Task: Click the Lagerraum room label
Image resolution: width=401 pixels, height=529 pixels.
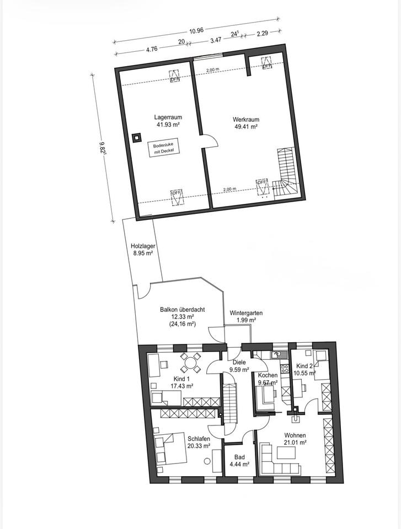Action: coord(168,117)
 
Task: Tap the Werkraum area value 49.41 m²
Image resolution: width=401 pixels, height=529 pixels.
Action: coord(246,127)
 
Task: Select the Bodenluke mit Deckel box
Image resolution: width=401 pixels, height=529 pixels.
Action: coord(163,148)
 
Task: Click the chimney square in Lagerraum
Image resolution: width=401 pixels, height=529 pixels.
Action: coord(136,138)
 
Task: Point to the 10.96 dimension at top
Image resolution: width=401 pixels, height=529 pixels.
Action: coord(196,31)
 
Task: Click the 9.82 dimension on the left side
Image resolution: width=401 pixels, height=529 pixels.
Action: coord(103,148)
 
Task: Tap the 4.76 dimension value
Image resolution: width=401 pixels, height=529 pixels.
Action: coord(152,48)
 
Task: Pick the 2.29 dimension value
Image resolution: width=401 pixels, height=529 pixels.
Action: coord(262,34)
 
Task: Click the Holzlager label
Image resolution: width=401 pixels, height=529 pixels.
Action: coord(143,246)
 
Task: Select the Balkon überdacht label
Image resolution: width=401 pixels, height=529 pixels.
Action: coord(182,309)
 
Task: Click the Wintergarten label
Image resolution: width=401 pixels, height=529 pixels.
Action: coord(246,313)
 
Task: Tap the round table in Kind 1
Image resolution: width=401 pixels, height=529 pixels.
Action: coord(190,363)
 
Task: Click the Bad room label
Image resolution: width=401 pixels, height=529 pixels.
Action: coord(239,457)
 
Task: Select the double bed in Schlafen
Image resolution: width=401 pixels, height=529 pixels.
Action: coord(170,449)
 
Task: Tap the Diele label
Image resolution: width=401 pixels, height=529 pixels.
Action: coord(239,363)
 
